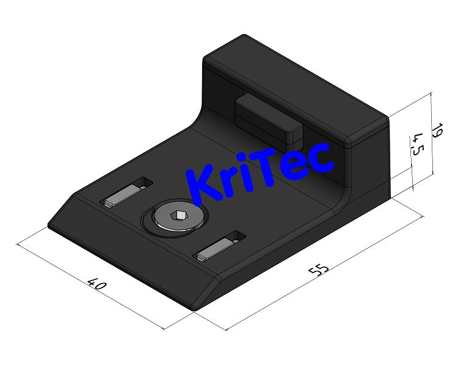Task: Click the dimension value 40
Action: (x=97, y=284)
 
